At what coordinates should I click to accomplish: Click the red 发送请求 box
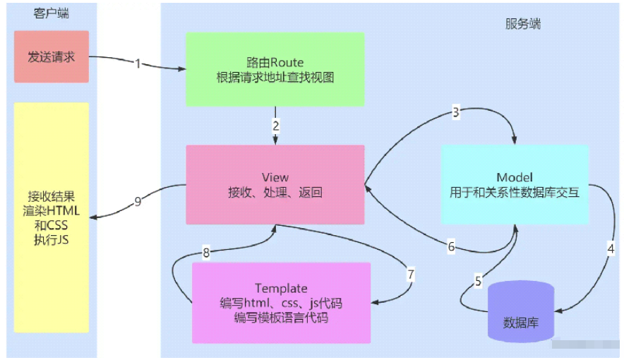(52, 56)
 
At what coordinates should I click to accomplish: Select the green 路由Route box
(275, 68)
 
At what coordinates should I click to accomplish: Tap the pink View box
(275, 184)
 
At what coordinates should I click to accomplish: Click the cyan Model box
(515, 184)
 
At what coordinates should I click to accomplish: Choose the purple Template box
(281, 303)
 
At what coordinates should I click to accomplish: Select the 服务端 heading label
(523, 23)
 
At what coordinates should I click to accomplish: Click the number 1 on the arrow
(138, 64)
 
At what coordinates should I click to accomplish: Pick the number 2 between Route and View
(276, 126)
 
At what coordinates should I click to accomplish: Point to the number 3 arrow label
(456, 112)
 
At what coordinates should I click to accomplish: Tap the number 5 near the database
(478, 282)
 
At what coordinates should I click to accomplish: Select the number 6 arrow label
(451, 246)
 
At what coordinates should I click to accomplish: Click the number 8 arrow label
(206, 251)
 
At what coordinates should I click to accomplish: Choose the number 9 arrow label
(138, 201)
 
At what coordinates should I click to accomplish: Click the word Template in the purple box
(281, 288)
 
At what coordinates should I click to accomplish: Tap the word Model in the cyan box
(515, 177)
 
